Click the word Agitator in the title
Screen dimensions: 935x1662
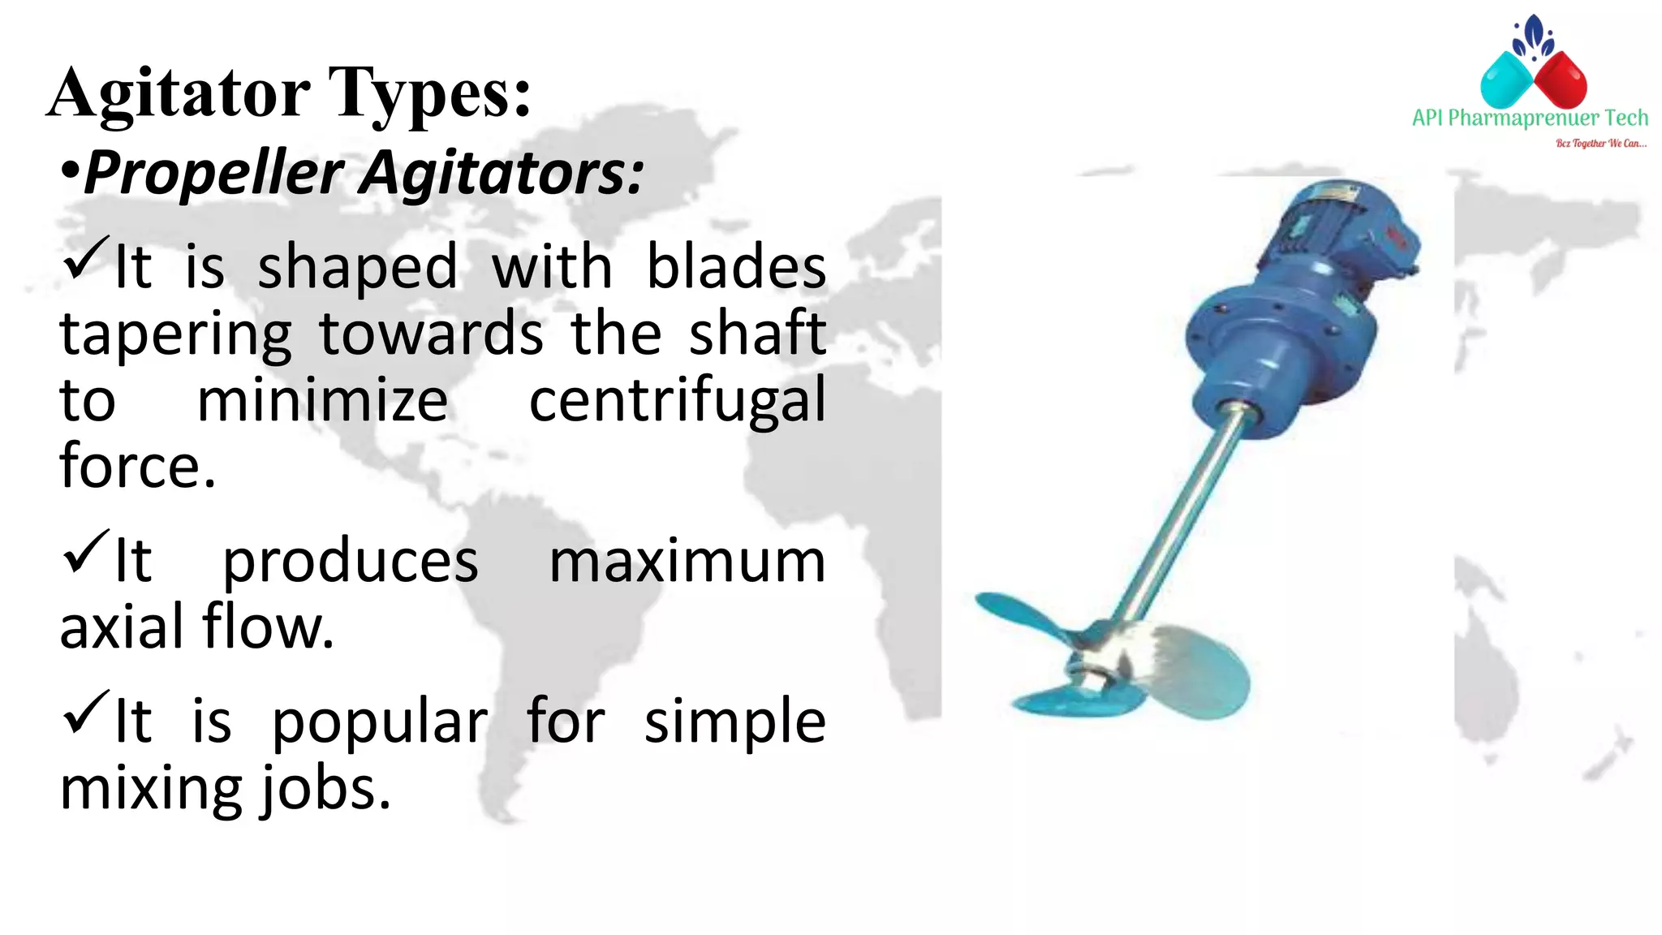pyautogui.click(x=179, y=93)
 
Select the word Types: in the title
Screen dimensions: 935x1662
pyautogui.click(x=429, y=93)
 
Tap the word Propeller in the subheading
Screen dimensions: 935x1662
pyautogui.click(x=214, y=173)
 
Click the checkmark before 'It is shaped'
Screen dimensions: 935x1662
pyautogui.click(x=85, y=258)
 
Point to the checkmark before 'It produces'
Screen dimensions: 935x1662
pyautogui.click(x=85, y=552)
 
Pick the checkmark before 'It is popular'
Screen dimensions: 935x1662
pyautogui.click(x=85, y=713)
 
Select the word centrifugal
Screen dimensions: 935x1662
pyautogui.click(x=677, y=400)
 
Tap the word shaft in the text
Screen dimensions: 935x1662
pyautogui.click(x=756, y=333)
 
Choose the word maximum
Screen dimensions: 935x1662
pyautogui.click(x=687, y=561)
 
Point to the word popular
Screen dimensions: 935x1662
pyautogui.click(x=379, y=722)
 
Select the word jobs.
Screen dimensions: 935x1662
pyautogui.click(x=325, y=789)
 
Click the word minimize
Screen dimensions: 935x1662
pyautogui.click(x=322, y=400)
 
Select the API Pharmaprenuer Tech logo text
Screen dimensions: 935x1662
pyautogui.click(x=1530, y=118)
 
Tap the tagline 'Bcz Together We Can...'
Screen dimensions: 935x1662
pyautogui.click(x=1600, y=144)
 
